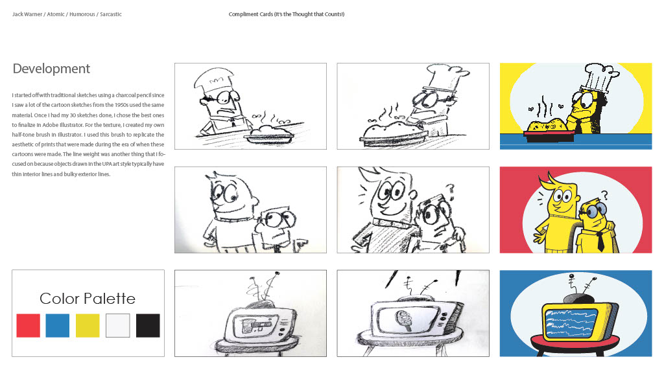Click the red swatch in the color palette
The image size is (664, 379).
[29, 325]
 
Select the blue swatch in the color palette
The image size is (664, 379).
[58, 325]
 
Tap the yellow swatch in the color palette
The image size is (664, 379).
[88, 325]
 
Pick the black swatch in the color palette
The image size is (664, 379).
[148, 325]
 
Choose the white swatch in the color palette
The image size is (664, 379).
[118, 325]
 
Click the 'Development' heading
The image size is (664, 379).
[51, 69]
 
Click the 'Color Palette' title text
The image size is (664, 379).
[88, 299]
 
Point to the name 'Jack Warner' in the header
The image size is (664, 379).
[27, 14]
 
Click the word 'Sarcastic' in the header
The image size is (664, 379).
[111, 14]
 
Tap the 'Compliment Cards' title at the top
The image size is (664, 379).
[251, 14]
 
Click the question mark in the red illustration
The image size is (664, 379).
[604, 196]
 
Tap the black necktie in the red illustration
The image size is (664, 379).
[600, 242]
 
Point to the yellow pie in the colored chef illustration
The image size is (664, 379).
[546, 126]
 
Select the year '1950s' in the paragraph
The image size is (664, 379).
[123, 106]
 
